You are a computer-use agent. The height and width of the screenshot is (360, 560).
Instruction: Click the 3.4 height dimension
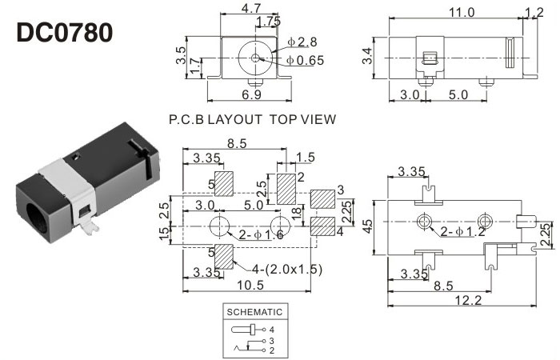(x=367, y=56)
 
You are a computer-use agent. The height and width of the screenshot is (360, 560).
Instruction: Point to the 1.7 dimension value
(x=194, y=73)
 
